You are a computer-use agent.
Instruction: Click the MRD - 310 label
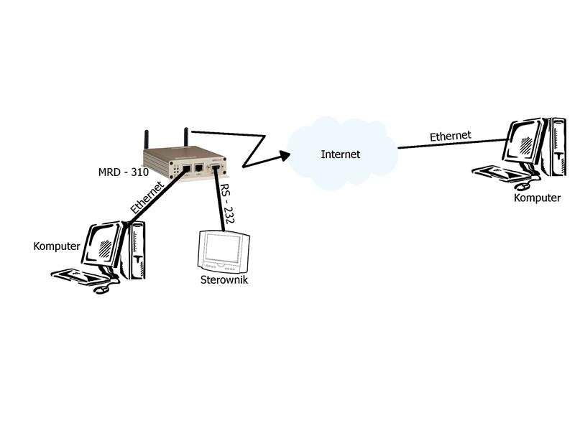123,172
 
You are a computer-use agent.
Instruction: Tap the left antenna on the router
146,139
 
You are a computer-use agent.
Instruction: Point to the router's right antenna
185,136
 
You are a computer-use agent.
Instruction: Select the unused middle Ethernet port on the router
199,169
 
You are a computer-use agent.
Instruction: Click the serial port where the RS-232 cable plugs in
215,169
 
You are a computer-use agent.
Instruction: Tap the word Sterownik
224,280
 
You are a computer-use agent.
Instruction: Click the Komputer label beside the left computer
57,246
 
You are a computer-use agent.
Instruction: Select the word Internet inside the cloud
340,154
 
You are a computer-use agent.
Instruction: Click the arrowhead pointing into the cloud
284,154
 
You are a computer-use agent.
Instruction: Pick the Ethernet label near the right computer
450,135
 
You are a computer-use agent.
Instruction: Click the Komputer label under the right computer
537,198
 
